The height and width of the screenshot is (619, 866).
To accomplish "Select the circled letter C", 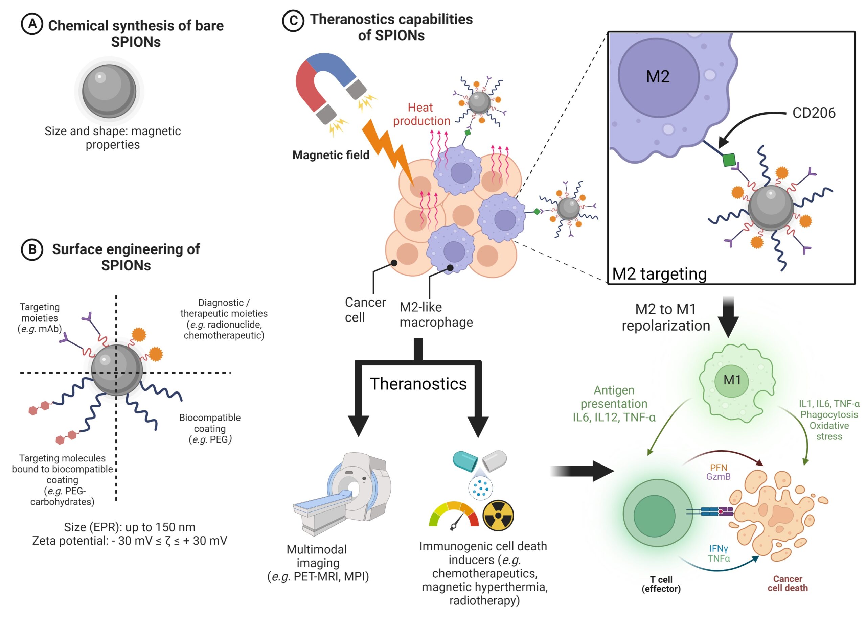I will [293, 21].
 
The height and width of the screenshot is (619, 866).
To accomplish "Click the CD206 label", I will [813, 113].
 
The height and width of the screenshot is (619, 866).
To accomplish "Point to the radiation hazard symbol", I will [498, 515].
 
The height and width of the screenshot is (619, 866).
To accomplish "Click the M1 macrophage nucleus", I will [731, 380].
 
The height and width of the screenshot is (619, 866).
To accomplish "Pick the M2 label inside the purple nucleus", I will [657, 77].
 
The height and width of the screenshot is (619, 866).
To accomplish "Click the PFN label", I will [719, 468].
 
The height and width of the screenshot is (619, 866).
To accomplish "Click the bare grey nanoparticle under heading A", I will [110, 91].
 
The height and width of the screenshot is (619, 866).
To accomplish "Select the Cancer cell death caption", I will [788, 584].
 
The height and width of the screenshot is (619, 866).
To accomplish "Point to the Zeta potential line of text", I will [130, 541].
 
